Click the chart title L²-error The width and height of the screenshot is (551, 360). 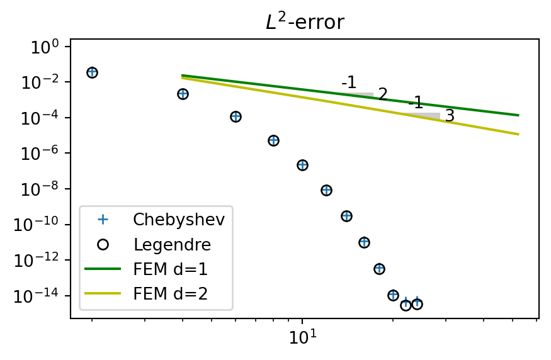(305, 23)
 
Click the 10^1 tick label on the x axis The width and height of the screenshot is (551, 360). (303, 338)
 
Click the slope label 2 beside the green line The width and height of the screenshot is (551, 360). (383, 94)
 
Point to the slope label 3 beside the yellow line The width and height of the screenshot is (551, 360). (450, 116)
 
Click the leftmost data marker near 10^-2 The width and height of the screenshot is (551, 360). (92, 72)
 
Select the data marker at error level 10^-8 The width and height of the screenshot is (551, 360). (326, 190)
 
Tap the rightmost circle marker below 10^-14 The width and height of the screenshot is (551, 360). (417, 304)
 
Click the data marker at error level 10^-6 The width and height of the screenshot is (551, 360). (273, 140)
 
